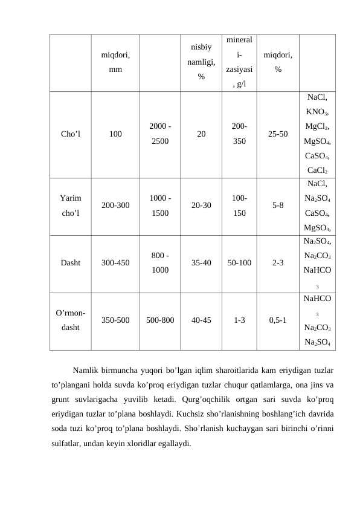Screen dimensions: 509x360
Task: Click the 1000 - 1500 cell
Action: click(160, 205)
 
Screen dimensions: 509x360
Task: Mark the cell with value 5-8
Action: click(277, 205)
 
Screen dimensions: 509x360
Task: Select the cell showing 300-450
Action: click(115, 263)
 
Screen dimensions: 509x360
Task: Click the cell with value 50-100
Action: click(239, 263)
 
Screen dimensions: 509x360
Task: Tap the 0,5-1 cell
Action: click(277, 321)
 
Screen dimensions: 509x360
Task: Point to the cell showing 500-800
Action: click(160, 321)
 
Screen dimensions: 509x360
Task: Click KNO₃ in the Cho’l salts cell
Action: click(318, 112)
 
